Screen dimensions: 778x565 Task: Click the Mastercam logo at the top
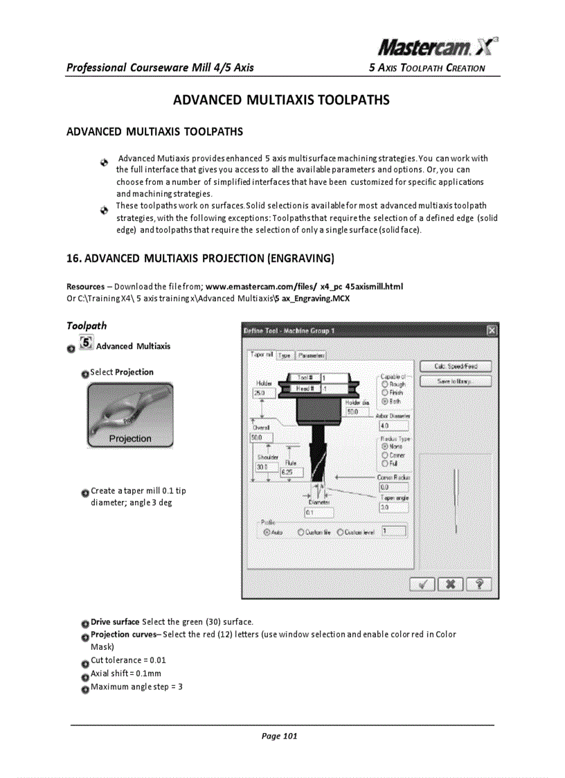click(438, 47)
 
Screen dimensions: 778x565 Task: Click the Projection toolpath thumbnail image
click(129, 416)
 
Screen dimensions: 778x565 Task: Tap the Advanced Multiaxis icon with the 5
click(86, 343)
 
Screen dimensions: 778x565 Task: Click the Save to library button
click(454, 381)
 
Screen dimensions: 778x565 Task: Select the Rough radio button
click(384, 384)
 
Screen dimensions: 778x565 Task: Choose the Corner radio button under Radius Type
click(384, 455)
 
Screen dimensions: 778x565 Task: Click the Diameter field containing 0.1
click(318, 513)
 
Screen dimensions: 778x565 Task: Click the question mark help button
click(478, 585)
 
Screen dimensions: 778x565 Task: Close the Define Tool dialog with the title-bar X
click(492, 331)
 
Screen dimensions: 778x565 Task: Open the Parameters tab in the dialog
click(311, 355)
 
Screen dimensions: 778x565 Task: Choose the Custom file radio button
click(301, 532)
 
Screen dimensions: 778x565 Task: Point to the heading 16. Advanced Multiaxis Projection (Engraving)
click(201, 259)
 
